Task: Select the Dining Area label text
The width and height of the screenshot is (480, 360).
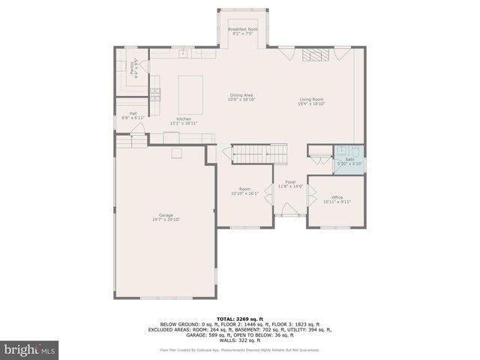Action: (241, 94)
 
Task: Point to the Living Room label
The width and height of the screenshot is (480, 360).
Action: (311, 99)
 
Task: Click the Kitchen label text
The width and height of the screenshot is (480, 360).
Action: (184, 119)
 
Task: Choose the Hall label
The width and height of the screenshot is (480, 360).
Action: (133, 114)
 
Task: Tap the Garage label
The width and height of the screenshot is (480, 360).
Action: (166, 215)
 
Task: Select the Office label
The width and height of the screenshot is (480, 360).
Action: (337, 197)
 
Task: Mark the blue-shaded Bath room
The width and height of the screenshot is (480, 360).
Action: (349, 159)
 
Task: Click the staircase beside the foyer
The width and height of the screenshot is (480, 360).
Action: (259, 153)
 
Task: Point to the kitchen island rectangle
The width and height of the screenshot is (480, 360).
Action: (191, 94)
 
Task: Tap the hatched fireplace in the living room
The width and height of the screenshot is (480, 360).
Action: (314, 54)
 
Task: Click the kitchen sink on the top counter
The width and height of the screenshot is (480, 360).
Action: (182, 53)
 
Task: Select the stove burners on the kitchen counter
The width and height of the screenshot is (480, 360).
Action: (155, 94)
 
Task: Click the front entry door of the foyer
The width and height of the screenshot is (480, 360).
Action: (289, 214)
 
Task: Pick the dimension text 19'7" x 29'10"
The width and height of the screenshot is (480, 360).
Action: (166, 219)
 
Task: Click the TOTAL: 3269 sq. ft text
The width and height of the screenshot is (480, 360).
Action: (239, 319)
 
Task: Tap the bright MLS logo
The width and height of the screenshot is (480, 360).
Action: (30, 349)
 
